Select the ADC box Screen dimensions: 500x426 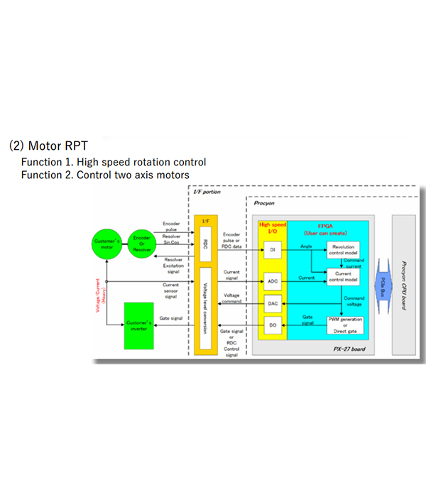pos(273,280)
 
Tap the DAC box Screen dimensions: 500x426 pos(273,303)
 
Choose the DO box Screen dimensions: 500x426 pos(273,325)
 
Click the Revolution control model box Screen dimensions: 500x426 pos(342,249)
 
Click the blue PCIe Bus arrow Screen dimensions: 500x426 pos(382,280)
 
